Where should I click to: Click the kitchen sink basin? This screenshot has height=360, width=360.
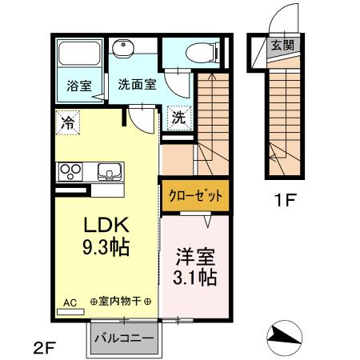(109, 170)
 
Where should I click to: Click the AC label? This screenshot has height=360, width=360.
(69, 302)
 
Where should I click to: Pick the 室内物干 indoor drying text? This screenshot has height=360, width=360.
(120, 302)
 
